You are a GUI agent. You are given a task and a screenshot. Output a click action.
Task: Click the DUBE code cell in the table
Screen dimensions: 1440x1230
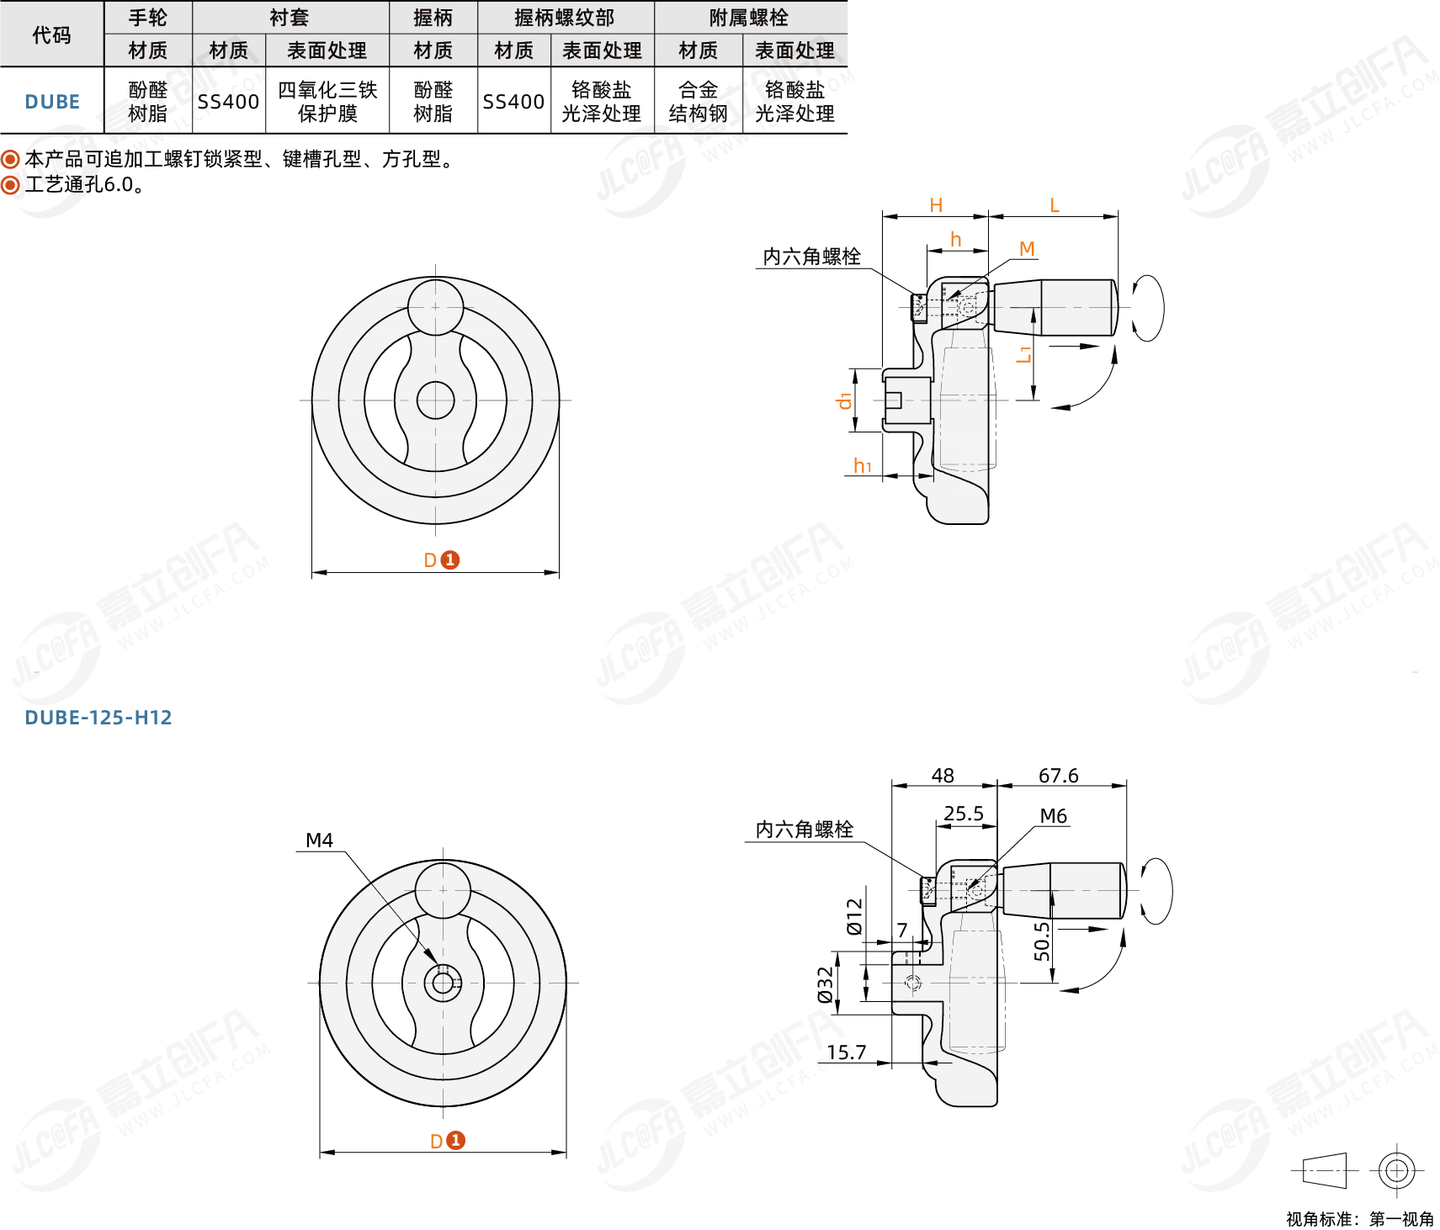[52, 102]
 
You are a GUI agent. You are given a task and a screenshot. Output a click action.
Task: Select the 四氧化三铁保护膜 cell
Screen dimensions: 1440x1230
[327, 102]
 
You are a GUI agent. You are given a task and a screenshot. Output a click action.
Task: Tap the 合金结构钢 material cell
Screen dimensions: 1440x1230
[699, 102]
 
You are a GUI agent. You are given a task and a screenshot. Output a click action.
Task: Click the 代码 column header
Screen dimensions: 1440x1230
[51, 34]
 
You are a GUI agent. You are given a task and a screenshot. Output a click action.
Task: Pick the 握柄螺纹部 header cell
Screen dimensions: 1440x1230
[565, 17]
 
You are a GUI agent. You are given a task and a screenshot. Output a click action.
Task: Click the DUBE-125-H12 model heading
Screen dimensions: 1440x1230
[98, 718]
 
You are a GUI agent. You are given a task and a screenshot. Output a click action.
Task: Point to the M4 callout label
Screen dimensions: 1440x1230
[319, 840]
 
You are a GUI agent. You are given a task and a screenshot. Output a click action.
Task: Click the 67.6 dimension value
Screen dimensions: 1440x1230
[1058, 775]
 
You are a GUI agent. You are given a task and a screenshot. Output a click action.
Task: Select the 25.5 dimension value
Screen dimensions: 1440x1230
[964, 813]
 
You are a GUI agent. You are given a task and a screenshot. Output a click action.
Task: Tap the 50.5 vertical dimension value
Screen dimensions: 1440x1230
[1042, 941]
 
